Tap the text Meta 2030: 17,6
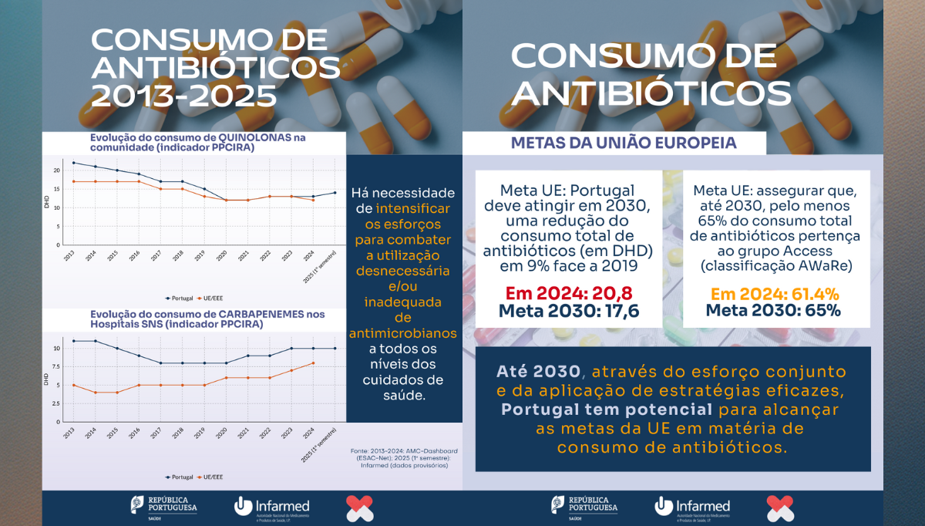pyautogui.click(x=569, y=312)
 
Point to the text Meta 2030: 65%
pyautogui.click(x=773, y=312)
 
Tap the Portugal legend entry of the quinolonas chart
pyautogui.click(x=179, y=298)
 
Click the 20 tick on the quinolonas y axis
pyautogui.click(x=56, y=170)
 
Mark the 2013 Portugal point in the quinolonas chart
pyautogui.click(x=73, y=163)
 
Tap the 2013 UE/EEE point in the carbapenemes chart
pyautogui.click(x=73, y=385)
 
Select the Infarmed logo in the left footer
pyautogui.click(x=271, y=507)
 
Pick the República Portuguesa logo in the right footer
pyautogui.click(x=584, y=507)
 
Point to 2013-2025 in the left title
pyautogui.click(x=183, y=96)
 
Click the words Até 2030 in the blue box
pyautogui.click(x=533, y=372)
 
